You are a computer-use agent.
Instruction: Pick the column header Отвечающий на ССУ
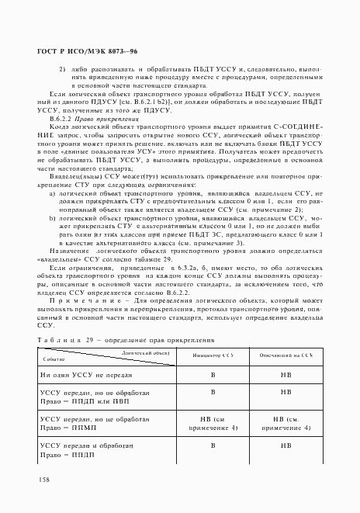[286, 355]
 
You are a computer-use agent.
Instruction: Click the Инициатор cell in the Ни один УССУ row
[213, 374]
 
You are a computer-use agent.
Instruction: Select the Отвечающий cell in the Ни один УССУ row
[286, 374]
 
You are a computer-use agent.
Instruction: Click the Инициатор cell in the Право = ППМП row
[213, 423]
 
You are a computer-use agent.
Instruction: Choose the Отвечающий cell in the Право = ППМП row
[286, 423]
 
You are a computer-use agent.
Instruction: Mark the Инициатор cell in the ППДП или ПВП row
[213, 393]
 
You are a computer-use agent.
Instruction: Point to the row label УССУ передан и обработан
[88, 446]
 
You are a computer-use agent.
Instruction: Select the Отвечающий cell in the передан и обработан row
[286, 446]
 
